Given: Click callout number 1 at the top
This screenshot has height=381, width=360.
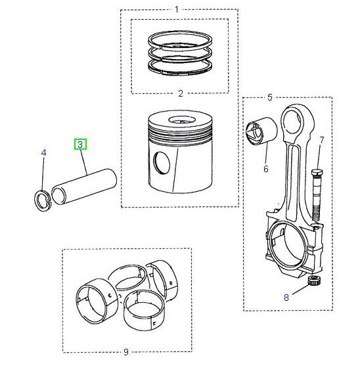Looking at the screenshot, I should point(176,9).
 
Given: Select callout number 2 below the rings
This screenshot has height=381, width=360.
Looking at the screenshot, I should point(180,94).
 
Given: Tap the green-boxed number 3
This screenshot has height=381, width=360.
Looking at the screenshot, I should point(80,144).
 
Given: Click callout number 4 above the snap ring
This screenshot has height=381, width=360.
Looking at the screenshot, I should point(43,153).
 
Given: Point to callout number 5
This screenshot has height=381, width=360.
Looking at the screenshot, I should point(270,97).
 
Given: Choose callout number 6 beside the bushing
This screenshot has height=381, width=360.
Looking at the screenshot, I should point(266,169).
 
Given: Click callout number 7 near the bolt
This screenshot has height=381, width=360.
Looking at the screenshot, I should point(321,139).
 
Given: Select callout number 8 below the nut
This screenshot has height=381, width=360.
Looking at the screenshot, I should point(286,298).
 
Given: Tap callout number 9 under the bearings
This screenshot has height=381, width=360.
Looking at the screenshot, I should point(126,353).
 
